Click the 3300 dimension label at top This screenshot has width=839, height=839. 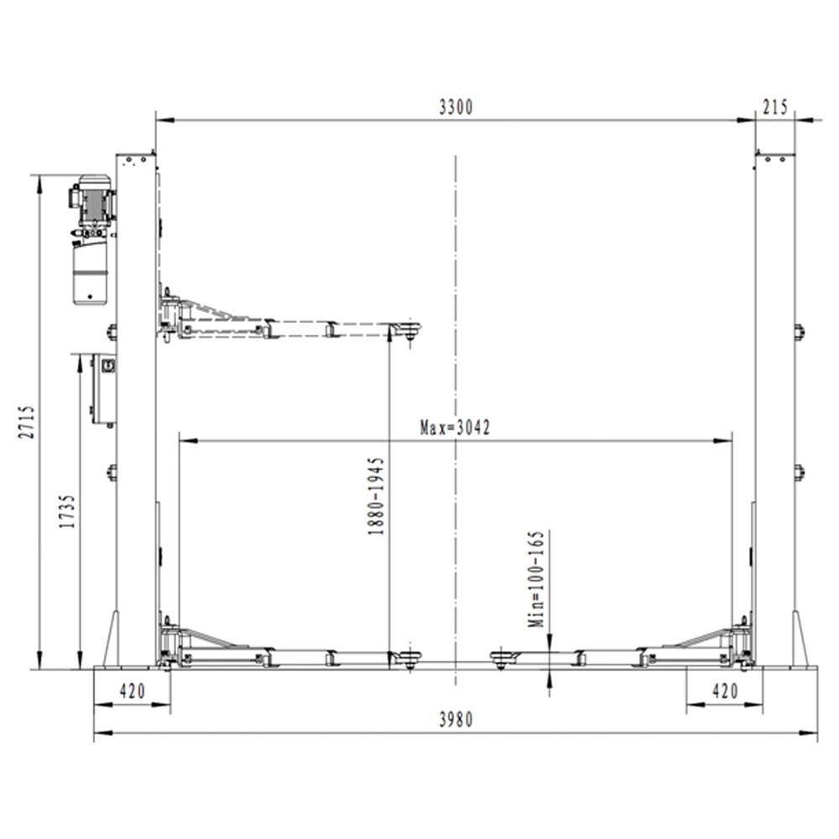[x=456, y=107]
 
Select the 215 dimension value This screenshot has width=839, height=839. [x=775, y=107]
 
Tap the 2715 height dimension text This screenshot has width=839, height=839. [x=27, y=422]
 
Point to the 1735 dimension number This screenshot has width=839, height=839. [x=67, y=512]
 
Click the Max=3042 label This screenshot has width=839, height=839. [x=455, y=428]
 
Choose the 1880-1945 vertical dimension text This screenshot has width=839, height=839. [x=376, y=496]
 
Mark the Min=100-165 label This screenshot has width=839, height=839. [x=536, y=579]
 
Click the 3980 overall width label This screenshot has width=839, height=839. [x=456, y=720]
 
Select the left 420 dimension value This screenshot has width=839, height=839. [x=133, y=690]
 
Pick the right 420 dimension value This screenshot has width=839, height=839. [x=725, y=690]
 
